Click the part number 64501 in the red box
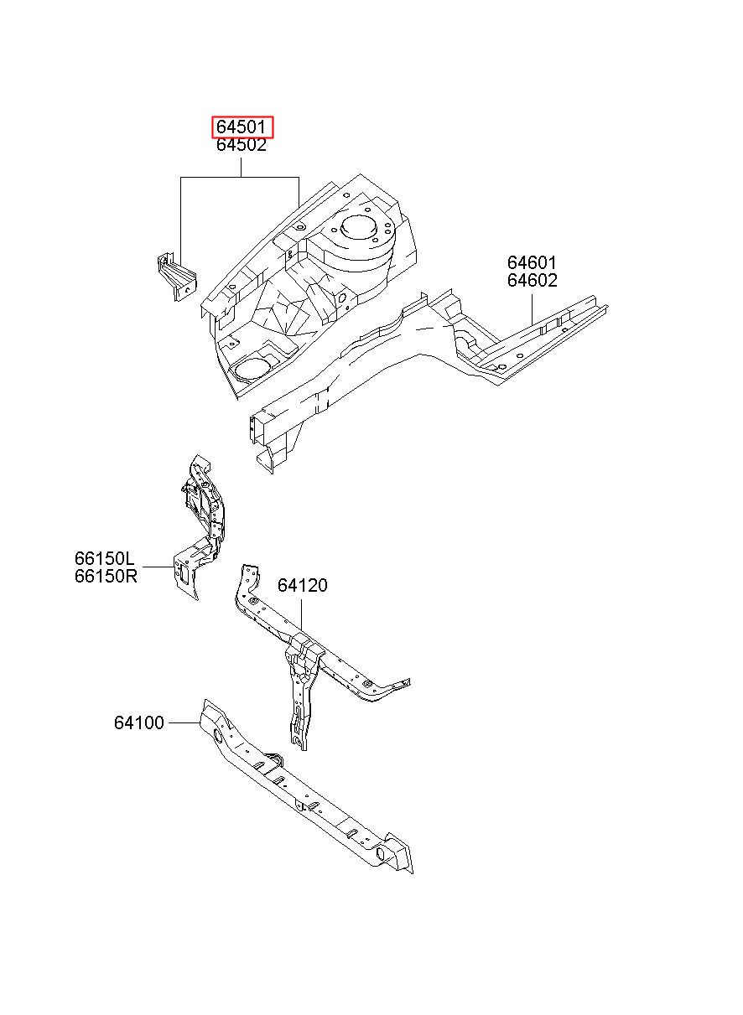tap(241, 127)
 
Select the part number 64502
tap(242, 145)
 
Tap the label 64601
tap(532, 262)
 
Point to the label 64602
tap(533, 281)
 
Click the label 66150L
tap(105, 558)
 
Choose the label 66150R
tap(106, 577)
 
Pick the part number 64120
tap(303, 585)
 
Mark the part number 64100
tap(138, 722)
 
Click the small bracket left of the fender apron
tap(177, 277)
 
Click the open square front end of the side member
tap(260, 427)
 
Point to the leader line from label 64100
tap(184, 722)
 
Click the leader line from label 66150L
tap(158, 567)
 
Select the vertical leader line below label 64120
tap(301, 615)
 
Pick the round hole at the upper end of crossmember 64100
tap(217, 736)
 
